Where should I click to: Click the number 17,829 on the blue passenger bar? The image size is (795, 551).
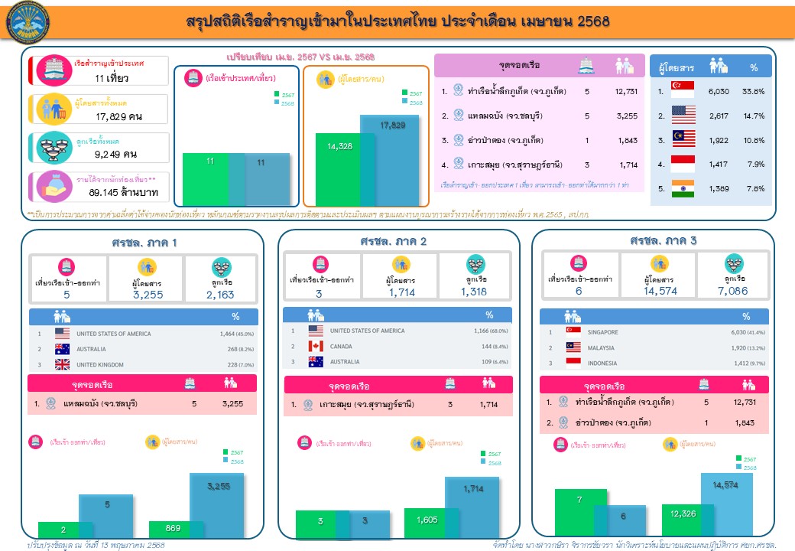(x=394, y=125)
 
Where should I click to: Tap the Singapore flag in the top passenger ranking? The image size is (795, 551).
(x=682, y=90)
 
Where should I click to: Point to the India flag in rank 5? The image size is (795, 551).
(x=682, y=188)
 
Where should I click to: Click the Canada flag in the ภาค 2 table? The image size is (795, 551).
(x=316, y=346)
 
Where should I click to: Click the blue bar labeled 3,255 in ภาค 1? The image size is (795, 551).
(x=216, y=505)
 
